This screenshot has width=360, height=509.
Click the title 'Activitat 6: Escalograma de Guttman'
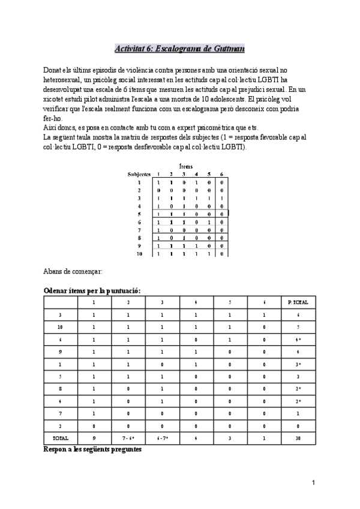179,48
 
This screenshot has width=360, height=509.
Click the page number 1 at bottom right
313,483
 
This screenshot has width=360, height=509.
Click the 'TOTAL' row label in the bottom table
60,438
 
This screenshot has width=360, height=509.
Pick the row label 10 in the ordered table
60,327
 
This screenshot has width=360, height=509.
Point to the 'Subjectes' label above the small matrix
139,173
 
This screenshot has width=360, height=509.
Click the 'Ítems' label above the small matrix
186,166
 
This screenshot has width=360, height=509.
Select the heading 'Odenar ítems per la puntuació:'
92,291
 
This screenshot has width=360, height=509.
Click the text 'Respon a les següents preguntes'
92,449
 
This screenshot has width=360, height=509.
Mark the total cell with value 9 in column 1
94,438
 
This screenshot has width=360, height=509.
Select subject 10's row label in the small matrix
139,254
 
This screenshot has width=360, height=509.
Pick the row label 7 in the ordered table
60,414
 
